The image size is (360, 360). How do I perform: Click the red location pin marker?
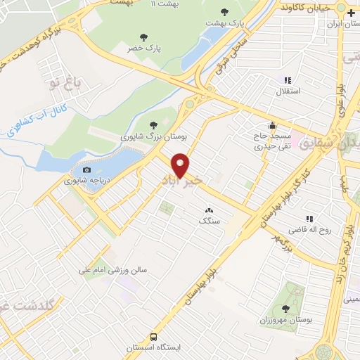click(x=181, y=165)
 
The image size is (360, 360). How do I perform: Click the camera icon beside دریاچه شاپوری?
click(x=86, y=169)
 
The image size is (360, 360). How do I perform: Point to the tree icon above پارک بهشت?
click(x=224, y=12)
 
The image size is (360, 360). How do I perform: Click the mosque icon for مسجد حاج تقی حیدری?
click(x=273, y=125)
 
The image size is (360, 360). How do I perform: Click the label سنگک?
click(x=209, y=221)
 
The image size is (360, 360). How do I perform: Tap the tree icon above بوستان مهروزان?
click(x=285, y=309)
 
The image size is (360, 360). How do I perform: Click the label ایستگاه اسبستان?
click(x=154, y=348)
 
